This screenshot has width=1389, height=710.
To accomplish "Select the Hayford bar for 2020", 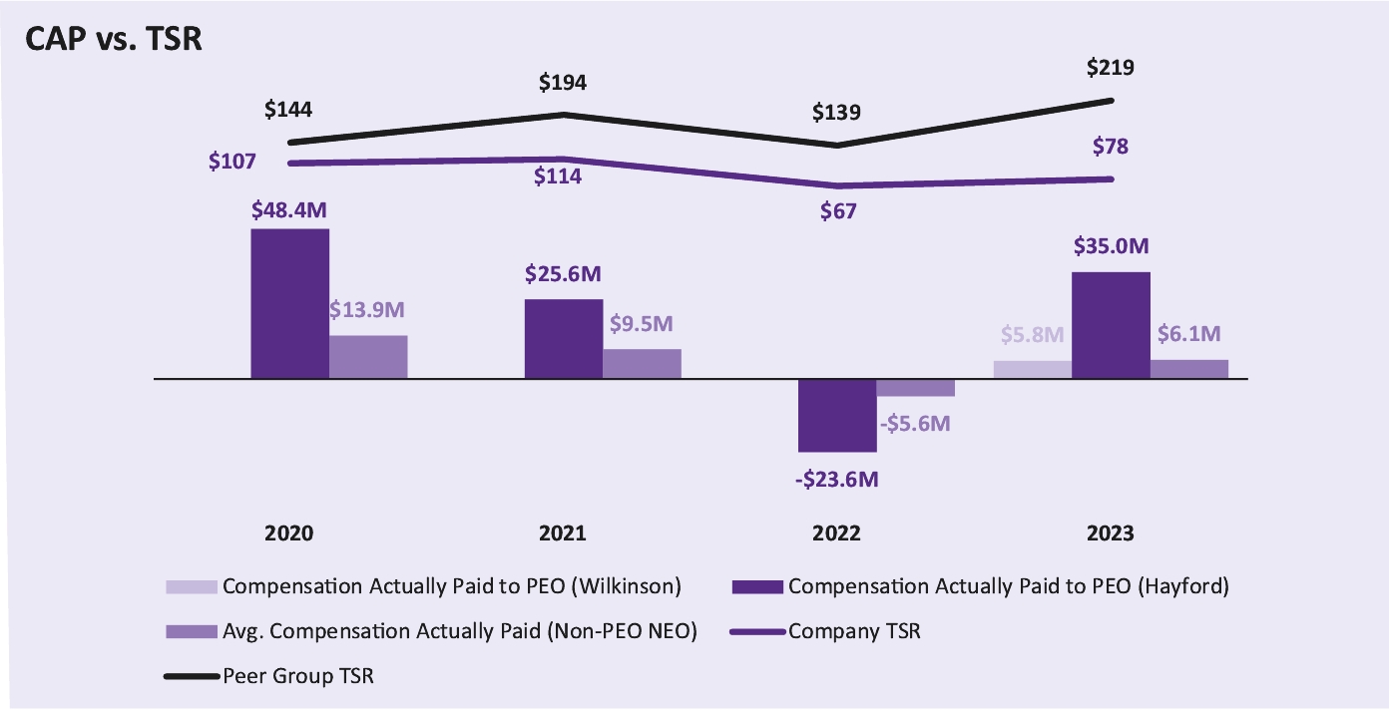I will (289, 304).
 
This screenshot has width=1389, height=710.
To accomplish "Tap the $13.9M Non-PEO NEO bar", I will (368, 357).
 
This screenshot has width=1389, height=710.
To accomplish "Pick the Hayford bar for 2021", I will (564, 339).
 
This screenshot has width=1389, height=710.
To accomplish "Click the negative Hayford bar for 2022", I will (837, 415).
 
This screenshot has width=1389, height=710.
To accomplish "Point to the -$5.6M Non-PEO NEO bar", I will (916, 388).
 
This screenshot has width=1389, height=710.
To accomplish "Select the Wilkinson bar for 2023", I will (1032, 369).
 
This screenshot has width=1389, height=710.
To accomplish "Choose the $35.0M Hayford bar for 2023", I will (1111, 325).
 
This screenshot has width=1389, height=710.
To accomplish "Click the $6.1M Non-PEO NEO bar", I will (1189, 369).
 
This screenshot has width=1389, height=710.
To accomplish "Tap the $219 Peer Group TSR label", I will (1111, 69).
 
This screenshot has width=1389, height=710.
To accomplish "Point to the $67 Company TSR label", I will (837, 211).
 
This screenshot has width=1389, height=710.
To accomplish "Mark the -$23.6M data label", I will (837, 480).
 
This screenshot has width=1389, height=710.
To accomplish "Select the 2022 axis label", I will (837, 533).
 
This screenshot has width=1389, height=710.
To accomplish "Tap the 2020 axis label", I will (289, 533).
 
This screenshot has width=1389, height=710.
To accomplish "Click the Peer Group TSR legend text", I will (304, 676).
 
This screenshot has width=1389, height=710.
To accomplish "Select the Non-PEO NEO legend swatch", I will (191, 631).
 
